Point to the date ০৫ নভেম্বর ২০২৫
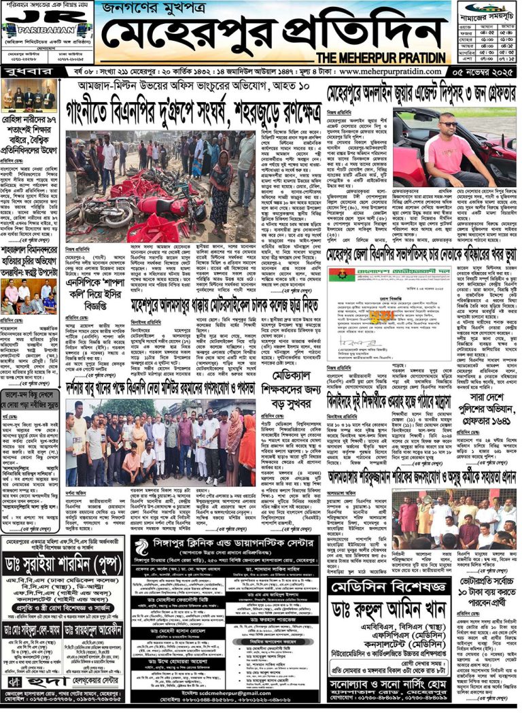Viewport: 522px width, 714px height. point(482,71)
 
